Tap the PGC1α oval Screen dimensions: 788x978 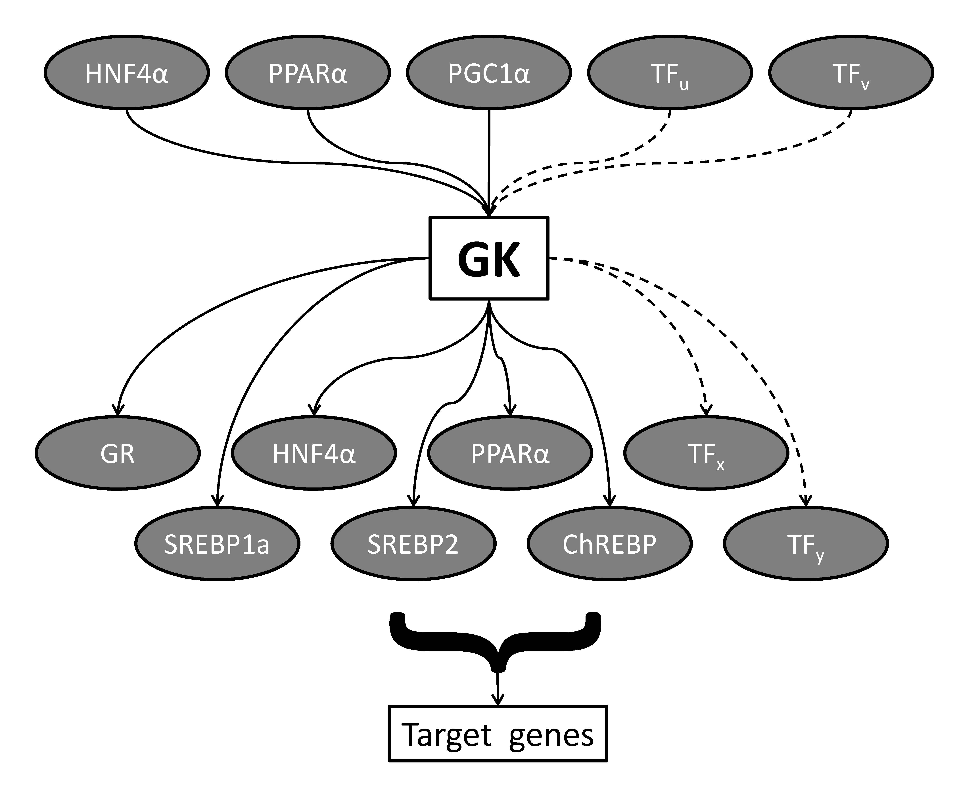489,73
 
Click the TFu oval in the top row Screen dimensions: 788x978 670,73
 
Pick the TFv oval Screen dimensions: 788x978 851,73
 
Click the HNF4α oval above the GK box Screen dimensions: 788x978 127,73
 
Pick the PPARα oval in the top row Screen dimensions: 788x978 308,73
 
